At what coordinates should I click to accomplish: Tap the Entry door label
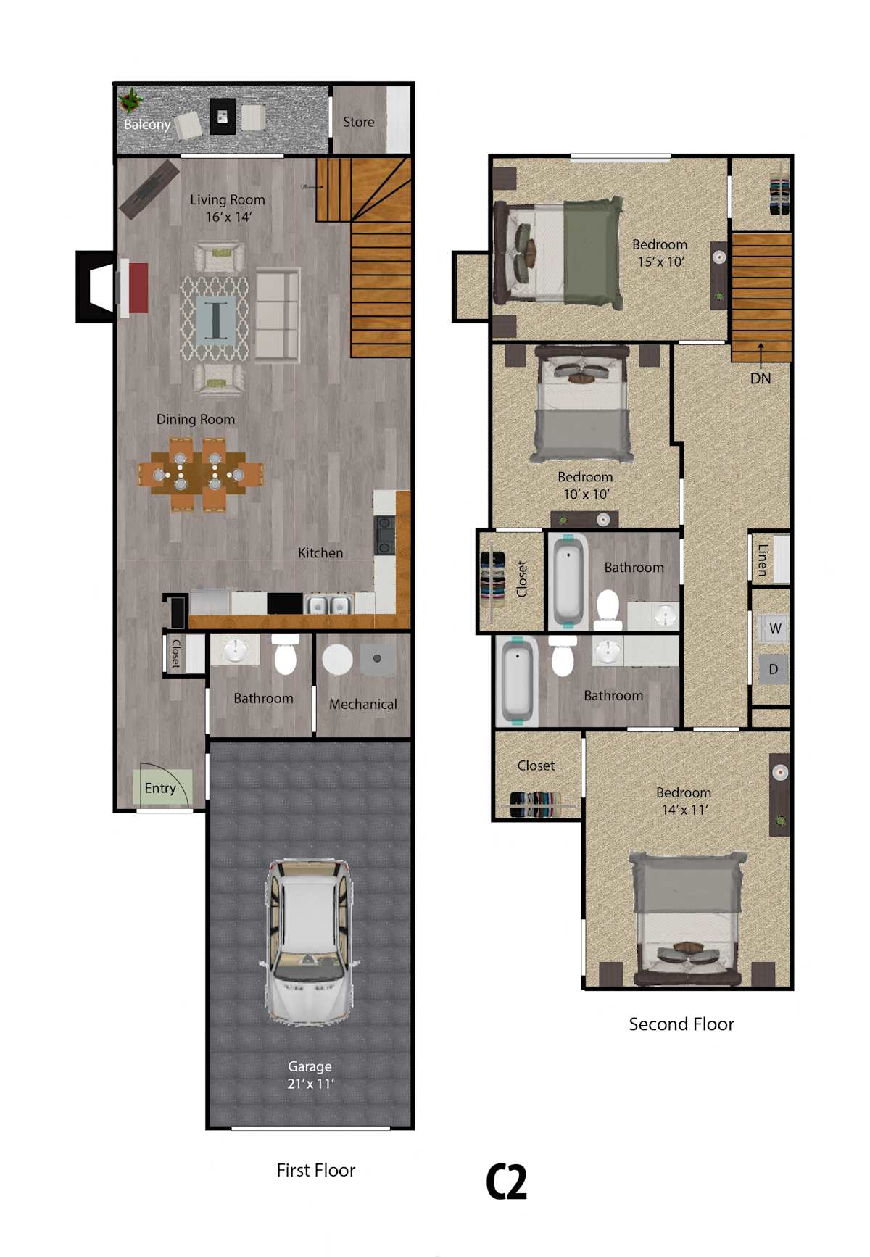pyautogui.click(x=160, y=788)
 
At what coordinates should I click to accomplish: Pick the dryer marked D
pyautogui.click(x=774, y=669)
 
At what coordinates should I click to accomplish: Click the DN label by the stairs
pyautogui.click(x=761, y=378)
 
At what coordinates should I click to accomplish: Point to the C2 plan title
pyautogui.click(x=506, y=1182)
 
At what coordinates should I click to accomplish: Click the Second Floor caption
pyautogui.click(x=681, y=1024)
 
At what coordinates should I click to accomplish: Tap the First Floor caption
pyautogui.click(x=315, y=1170)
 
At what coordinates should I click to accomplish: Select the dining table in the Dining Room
pyautogui.click(x=201, y=475)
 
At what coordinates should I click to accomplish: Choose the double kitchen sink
pyautogui.click(x=328, y=604)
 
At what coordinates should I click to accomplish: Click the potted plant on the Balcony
pyautogui.click(x=131, y=101)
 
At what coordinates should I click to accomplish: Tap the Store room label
pyautogui.click(x=359, y=122)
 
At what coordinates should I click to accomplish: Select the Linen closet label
pyautogui.click(x=762, y=560)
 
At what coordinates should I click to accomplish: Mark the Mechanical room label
pyautogui.click(x=363, y=704)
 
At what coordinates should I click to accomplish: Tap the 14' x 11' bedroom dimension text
pyautogui.click(x=684, y=810)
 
